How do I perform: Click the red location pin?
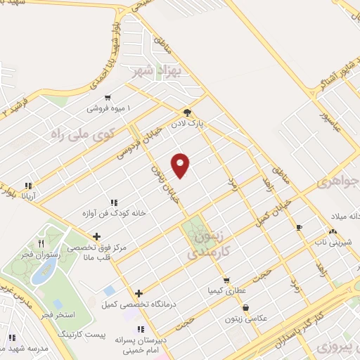click(x=181, y=165)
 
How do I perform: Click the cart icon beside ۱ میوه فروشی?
click(x=107, y=98)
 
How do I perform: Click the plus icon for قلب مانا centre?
click(x=96, y=236)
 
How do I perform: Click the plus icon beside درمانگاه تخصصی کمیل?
click(x=139, y=293)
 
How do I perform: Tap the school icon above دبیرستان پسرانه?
click(x=140, y=329)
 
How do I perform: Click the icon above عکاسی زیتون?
click(x=245, y=307)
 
